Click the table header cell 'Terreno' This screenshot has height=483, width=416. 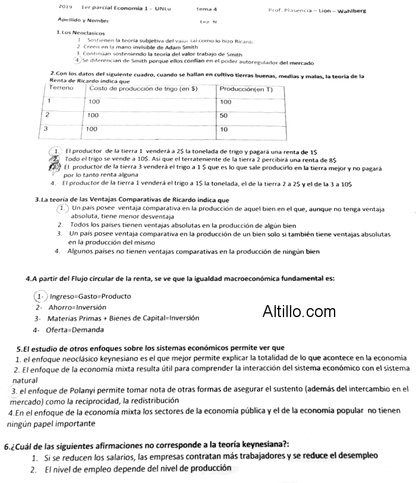pyautogui.click(x=61, y=88)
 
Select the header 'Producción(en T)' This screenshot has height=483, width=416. pyautogui.click(x=245, y=89)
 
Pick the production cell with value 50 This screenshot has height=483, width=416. pyautogui.click(x=224, y=115)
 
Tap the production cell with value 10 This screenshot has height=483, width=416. pyautogui.click(x=224, y=128)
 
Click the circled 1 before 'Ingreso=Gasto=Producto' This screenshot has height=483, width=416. pyautogui.click(x=40, y=296)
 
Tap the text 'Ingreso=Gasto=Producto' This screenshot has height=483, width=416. pyautogui.click(x=90, y=296)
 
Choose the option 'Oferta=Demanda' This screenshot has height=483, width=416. pyautogui.click(x=71, y=330)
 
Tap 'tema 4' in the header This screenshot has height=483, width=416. pyautogui.click(x=207, y=10)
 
